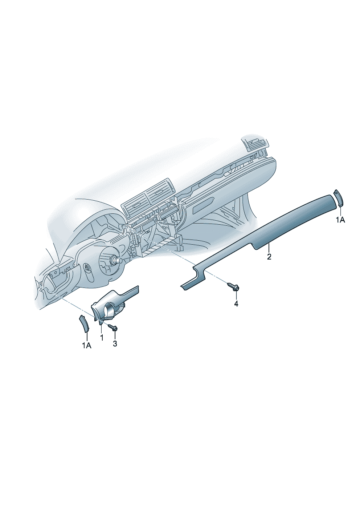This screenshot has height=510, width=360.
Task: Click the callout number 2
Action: (x=269, y=257)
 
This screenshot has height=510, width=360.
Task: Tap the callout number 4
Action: (x=236, y=304)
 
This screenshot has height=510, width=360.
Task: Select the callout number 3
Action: (x=115, y=344)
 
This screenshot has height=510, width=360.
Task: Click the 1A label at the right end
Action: (x=340, y=220)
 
